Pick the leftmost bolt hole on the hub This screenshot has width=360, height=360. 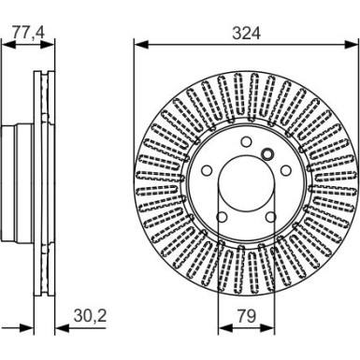pyautogui.click(x=205, y=172)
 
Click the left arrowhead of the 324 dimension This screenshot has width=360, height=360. pyautogui.click(x=138, y=43)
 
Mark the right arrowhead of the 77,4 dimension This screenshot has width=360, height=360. pyautogui.click(x=52, y=43)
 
